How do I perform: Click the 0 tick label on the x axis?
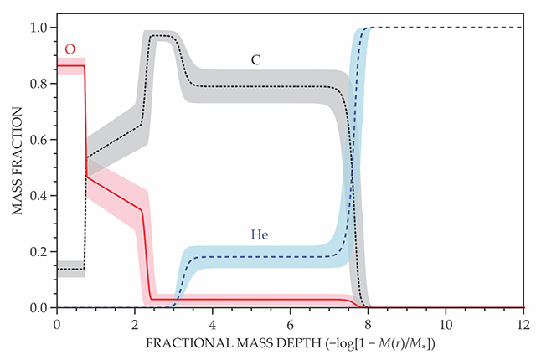[56, 322]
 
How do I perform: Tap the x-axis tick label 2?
[134, 322]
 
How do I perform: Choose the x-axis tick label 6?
[290, 322]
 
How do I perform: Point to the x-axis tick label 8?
[368, 322]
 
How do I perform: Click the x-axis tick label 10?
[446, 322]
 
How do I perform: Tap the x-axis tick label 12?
[523, 322]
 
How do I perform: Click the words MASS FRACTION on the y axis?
[17, 167]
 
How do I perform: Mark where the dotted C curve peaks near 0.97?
[159, 36]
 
